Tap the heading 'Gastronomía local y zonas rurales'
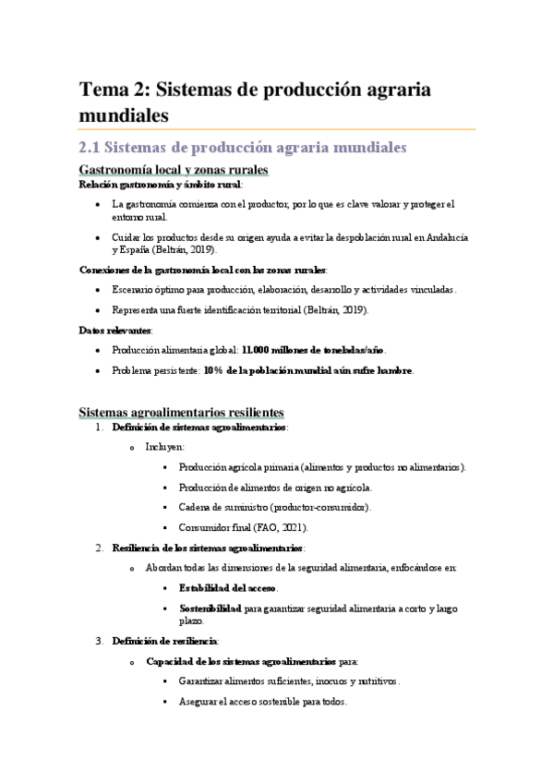174,171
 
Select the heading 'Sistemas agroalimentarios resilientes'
182,411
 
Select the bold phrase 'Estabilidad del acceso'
227,588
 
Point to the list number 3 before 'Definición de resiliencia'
100,641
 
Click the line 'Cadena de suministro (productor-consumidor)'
276,507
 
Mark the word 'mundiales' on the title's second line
125,116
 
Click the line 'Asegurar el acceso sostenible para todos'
263,702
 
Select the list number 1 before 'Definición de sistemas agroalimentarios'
100,428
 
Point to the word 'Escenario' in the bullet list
133,290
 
